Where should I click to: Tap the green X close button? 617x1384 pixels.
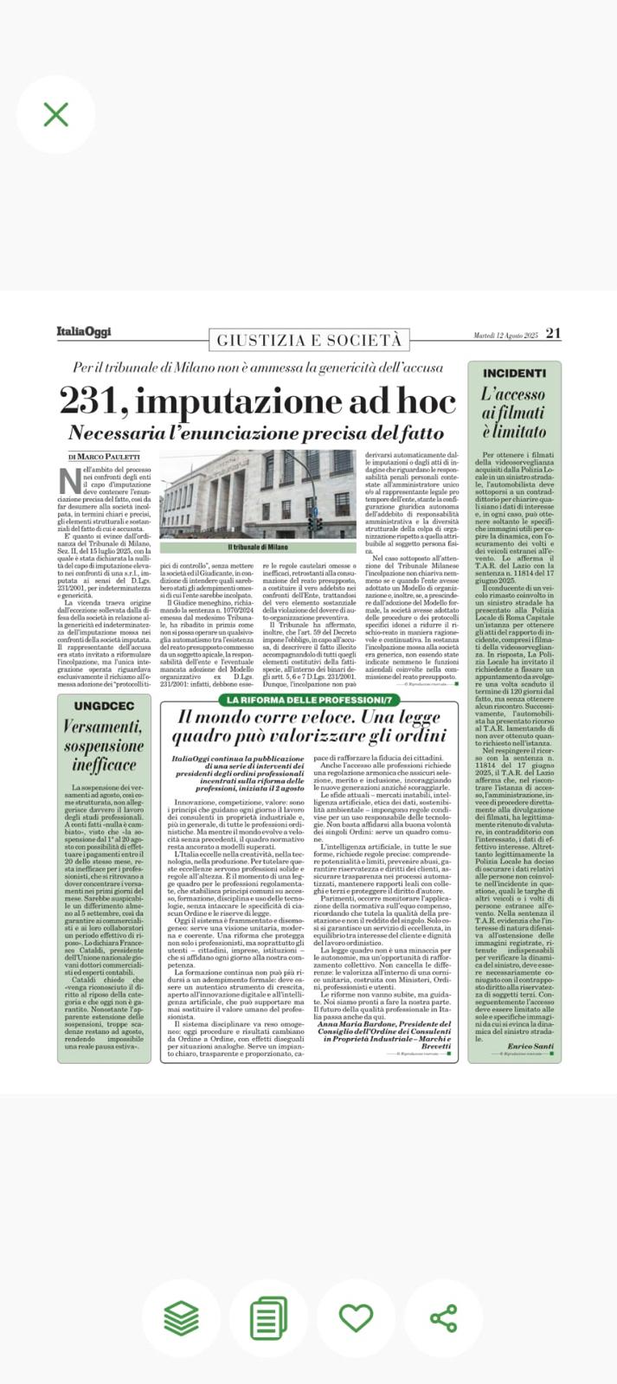56,114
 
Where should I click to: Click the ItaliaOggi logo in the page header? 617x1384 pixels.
84,332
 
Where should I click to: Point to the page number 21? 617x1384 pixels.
554,333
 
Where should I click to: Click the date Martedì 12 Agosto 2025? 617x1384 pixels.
505,335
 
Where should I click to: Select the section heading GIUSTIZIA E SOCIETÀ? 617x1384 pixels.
309,340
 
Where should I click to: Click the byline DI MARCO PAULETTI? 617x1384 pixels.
103,456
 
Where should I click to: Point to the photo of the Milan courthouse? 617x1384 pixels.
256,495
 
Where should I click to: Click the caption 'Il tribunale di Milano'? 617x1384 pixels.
257,548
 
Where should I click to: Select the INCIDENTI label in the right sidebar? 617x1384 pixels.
514,374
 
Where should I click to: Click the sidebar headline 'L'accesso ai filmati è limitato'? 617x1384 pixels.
514,413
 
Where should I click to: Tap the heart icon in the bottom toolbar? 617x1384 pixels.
356,1317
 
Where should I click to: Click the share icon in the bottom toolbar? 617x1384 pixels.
443,1317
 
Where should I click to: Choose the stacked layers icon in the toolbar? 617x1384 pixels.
181,1317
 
